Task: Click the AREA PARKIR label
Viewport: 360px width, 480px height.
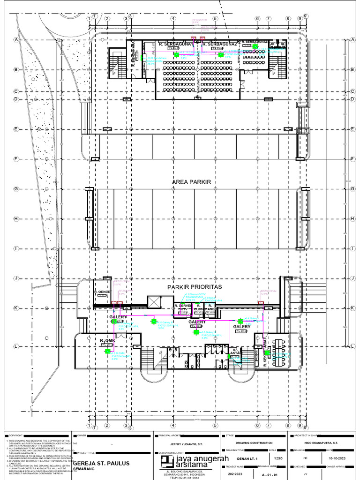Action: [192, 182]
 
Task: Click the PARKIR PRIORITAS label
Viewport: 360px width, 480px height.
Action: [195, 286]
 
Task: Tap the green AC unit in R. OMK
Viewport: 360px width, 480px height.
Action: [107, 351]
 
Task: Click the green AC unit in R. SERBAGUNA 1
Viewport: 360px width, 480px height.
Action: [177, 55]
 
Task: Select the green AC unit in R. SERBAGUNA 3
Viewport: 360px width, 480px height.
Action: [255, 46]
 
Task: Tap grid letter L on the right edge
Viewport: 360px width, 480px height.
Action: [352, 346]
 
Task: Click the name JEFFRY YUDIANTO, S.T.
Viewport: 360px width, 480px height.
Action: [186, 443]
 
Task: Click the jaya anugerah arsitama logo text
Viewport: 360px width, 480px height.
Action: [195, 461]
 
